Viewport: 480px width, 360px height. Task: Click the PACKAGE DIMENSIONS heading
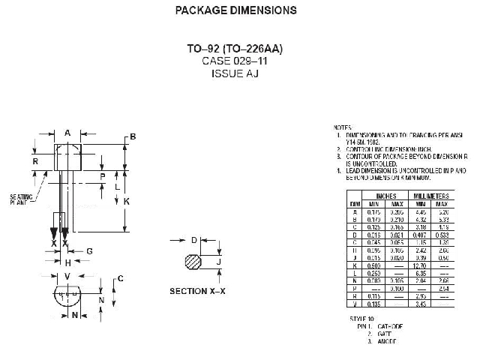(235, 10)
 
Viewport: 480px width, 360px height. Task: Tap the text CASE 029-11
(235, 61)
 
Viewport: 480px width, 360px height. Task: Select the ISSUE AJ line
(235, 73)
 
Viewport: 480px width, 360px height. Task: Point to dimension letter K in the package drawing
(127, 202)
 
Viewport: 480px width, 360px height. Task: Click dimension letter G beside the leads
(89, 250)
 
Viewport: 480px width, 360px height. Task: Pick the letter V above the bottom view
(67, 276)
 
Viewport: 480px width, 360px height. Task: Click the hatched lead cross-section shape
(193, 262)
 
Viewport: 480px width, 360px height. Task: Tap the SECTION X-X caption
(198, 291)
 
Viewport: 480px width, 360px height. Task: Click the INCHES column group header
(386, 196)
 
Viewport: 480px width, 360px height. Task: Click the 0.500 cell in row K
(375, 265)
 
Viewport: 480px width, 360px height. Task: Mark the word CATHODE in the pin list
(390, 327)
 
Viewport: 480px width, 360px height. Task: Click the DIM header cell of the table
(354, 204)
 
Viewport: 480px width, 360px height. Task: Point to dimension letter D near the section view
(193, 240)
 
